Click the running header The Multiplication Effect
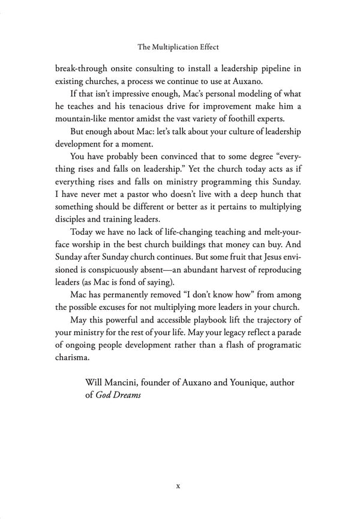coord(180,45)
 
